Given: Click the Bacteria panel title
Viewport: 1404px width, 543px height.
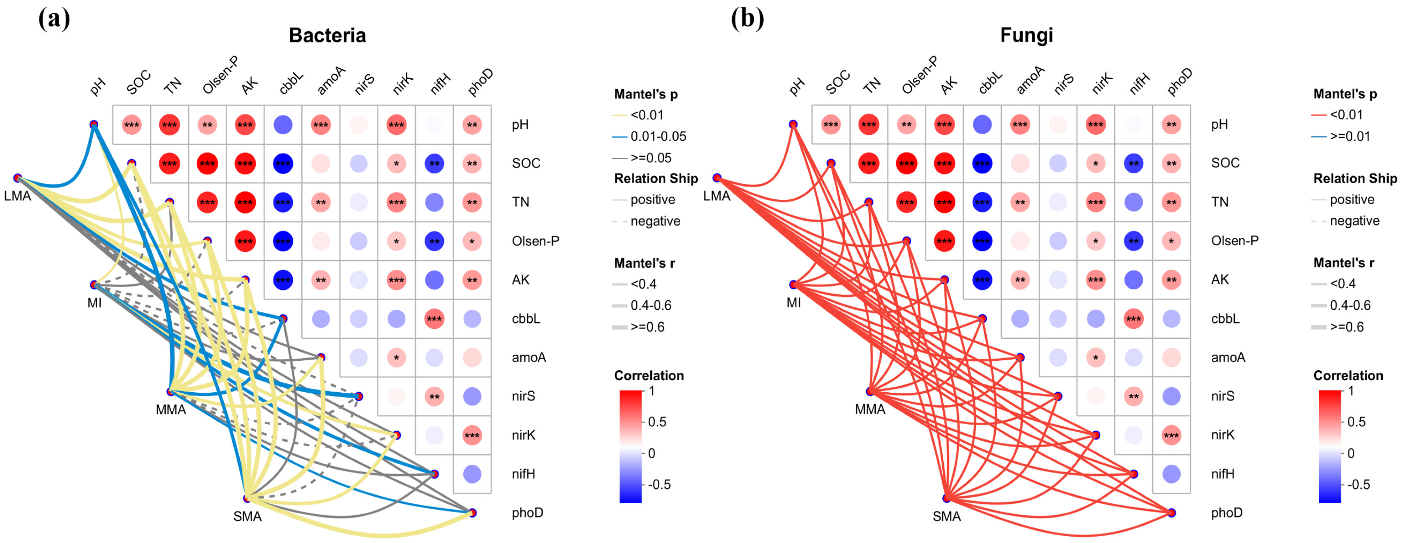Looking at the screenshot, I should tap(327, 36).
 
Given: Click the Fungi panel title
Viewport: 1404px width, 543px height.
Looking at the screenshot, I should tap(1026, 36).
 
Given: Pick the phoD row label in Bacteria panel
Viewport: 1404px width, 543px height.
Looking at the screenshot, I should tap(527, 512).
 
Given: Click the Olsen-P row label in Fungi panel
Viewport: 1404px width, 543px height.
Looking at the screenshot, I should tap(1235, 240).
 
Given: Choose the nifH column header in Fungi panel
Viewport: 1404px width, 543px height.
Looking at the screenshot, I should tap(1140, 83).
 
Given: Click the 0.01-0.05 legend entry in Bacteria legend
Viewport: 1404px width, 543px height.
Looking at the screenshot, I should tap(658, 136).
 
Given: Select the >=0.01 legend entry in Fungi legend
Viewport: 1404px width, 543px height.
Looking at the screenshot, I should tap(1349, 136).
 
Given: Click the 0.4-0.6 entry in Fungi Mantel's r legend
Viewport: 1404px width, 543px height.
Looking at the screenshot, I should tap(1349, 305).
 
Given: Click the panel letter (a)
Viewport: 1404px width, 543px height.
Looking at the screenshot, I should tap(54, 19).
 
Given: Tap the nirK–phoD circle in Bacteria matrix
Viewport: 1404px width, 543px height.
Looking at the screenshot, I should tap(472, 435).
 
